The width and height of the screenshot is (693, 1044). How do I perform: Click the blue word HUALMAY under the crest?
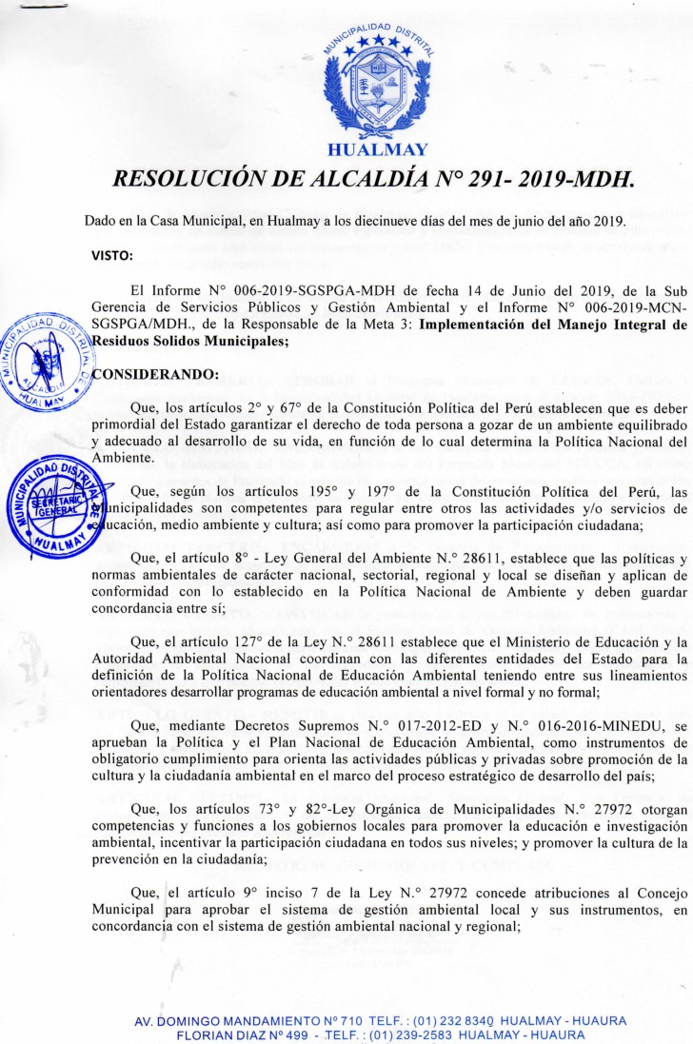pos(377,149)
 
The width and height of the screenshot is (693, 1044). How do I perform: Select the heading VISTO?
pos(111,255)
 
